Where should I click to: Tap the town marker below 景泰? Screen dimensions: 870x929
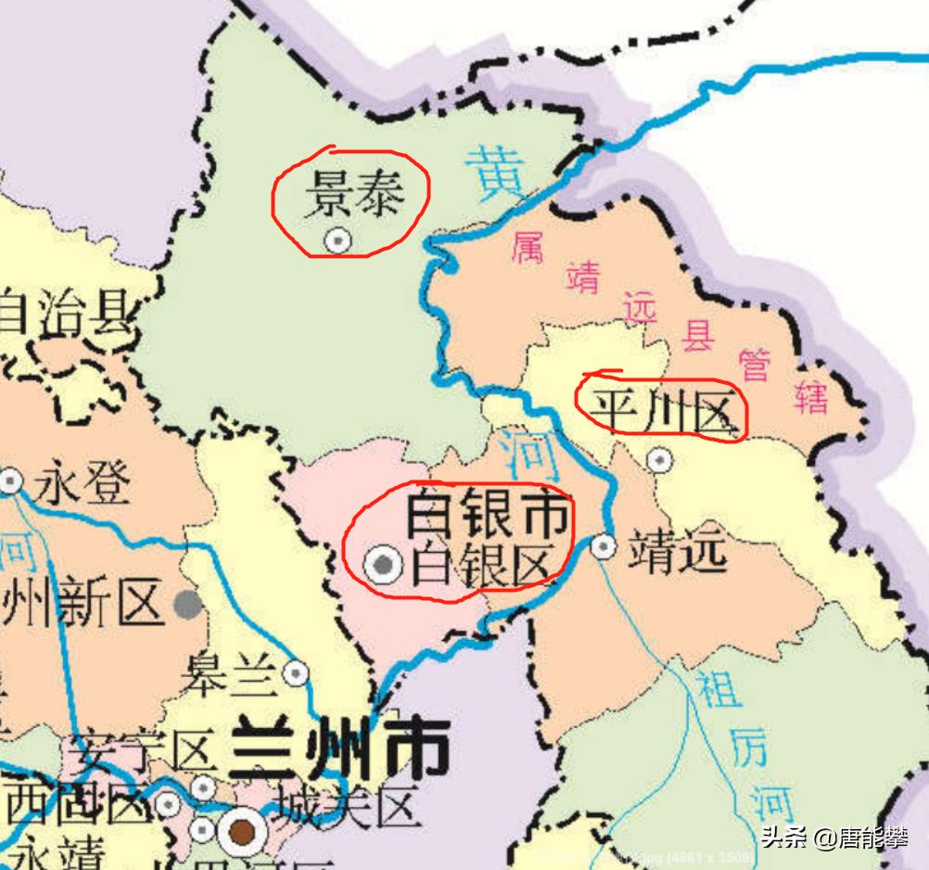point(338,240)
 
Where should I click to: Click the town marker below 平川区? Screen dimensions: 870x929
point(659,458)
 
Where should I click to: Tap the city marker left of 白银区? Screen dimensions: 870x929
point(382,564)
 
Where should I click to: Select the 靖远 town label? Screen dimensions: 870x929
point(677,550)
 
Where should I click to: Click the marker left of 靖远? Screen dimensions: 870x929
point(604,546)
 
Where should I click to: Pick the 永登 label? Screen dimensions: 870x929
point(83,483)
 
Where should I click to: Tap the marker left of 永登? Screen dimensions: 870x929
point(10,481)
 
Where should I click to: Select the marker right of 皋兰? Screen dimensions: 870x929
point(296,672)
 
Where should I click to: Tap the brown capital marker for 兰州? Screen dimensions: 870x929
point(244,831)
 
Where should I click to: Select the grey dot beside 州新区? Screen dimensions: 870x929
point(188,605)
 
